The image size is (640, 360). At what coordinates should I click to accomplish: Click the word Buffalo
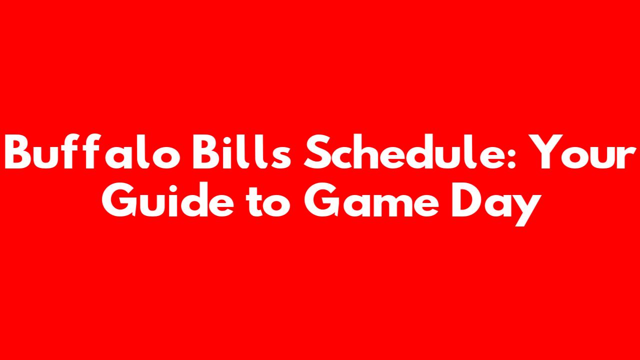pyautogui.click(x=92, y=151)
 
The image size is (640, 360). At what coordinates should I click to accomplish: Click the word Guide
pyautogui.click(x=168, y=199)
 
